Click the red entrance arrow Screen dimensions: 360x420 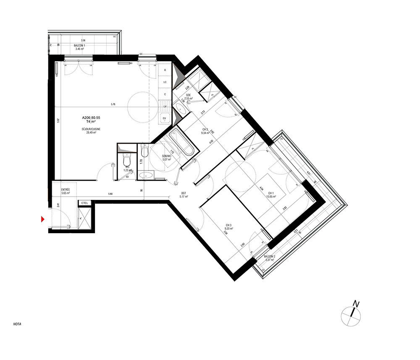pyautogui.click(x=42, y=219)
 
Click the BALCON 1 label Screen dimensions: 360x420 pyautogui.click(x=80, y=45)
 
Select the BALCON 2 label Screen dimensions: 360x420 pyautogui.click(x=269, y=256)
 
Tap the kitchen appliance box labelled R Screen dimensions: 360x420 pyautogui.click(x=165, y=70)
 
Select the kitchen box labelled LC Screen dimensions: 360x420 pyautogui.click(x=165, y=82)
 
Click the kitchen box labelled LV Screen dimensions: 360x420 pyautogui.click(x=165, y=107)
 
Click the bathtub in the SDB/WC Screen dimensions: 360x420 pyautogui.click(x=184, y=144)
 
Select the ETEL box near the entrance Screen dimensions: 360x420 pyautogui.click(x=84, y=203)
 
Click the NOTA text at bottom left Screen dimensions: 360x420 pyautogui.click(x=17, y=324)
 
